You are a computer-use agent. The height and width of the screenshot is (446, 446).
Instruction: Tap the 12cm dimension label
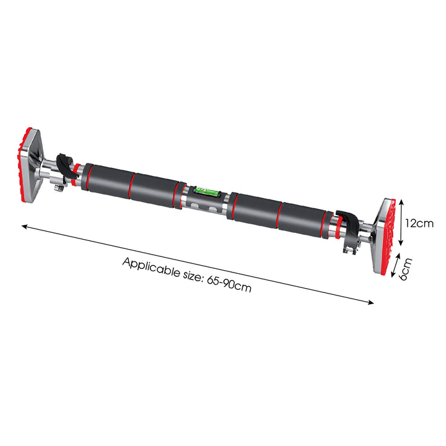click(419, 223)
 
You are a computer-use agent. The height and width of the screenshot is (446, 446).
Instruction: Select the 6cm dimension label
click(405, 269)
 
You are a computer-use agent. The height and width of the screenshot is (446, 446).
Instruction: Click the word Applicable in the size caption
click(151, 268)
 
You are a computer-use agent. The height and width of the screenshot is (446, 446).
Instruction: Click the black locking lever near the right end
click(346, 225)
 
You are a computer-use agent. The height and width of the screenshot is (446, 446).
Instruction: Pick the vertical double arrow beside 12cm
click(401, 222)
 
